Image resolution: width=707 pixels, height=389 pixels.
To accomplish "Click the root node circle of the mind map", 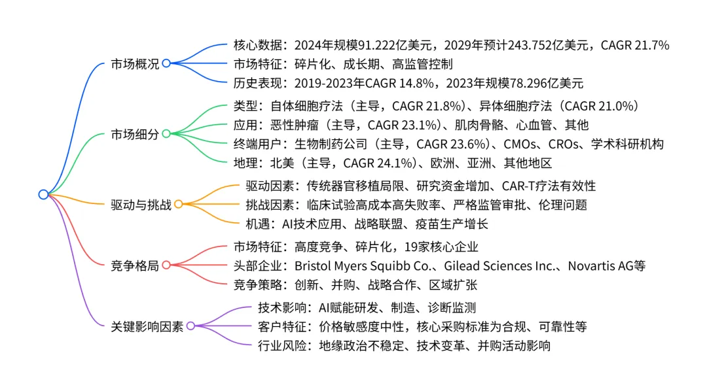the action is point(43,194).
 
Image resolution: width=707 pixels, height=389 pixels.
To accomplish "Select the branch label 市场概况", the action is point(135,63).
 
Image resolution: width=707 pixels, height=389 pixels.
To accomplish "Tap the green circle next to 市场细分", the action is point(166,134).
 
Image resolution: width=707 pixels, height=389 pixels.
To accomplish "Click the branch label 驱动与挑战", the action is point(141,205).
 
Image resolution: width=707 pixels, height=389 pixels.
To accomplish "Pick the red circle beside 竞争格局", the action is point(166,265).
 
